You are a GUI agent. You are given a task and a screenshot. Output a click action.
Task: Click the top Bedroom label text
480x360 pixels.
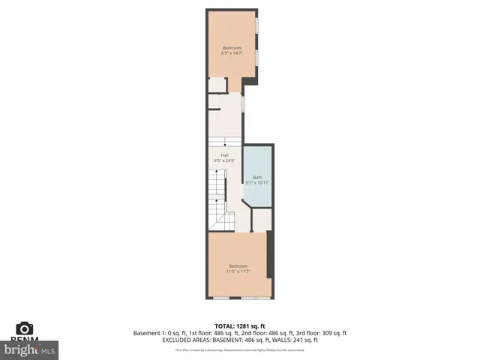[232, 47]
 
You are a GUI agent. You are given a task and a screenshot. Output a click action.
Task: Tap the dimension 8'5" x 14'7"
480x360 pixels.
[232, 53]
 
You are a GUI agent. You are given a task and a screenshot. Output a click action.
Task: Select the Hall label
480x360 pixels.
[224, 155]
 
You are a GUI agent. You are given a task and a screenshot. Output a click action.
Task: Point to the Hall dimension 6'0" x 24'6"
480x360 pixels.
[224, 161]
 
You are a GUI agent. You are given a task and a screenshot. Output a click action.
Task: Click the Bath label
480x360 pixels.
[257, 176]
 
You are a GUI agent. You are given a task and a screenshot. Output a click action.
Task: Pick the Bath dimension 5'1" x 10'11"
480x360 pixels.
[257, 182]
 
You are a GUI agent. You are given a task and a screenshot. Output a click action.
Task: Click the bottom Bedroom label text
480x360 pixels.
[238, 265]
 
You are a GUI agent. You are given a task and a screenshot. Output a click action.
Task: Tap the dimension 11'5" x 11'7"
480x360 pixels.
[238, 271]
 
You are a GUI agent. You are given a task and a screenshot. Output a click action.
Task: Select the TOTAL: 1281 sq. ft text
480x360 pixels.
[240, 325]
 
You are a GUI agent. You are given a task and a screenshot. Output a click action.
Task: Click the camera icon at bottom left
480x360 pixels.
[24, 328]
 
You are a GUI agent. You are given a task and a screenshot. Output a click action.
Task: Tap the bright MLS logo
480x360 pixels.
[30, 349]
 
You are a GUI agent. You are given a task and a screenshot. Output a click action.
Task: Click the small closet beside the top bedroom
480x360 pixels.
[217, 85]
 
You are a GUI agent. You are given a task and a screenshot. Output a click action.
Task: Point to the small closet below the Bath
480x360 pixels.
[260, 220]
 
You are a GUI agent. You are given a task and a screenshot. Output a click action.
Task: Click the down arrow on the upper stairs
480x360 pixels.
[216, 146]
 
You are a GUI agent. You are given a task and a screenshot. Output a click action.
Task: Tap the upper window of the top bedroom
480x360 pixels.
[256, 25]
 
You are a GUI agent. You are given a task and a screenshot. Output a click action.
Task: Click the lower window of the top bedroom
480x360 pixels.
[256, 58]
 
